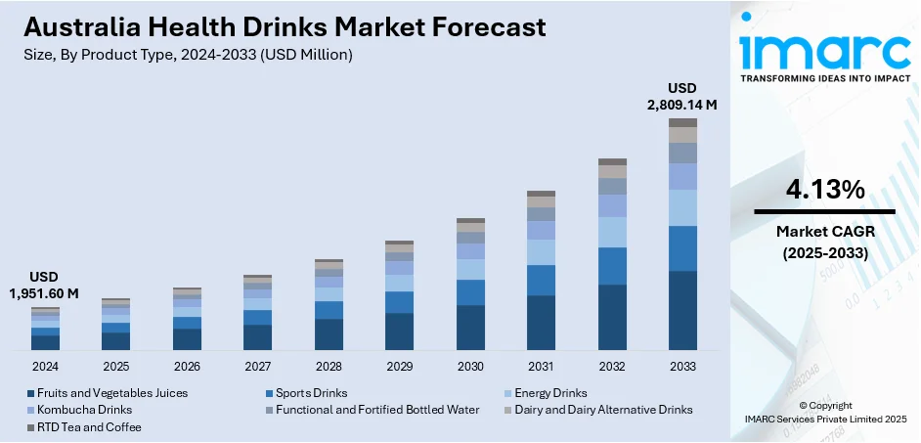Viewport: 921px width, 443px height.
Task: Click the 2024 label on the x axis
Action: [45, 366]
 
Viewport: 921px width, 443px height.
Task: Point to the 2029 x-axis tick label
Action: [399, 366]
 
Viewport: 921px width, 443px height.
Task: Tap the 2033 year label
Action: [682, 366]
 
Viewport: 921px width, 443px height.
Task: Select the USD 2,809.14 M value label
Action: [682, 97]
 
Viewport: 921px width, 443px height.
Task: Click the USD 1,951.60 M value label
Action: [45, 285]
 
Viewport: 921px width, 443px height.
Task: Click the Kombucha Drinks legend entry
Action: [82, 410]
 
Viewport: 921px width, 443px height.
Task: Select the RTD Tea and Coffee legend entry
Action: [87, 427]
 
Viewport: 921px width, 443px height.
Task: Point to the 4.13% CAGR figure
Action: [824, 189]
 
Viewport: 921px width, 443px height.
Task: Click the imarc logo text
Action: [824, 49]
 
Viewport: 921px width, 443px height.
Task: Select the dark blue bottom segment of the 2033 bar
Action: [682, 310]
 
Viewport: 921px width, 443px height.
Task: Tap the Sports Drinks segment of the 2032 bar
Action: [612, 266]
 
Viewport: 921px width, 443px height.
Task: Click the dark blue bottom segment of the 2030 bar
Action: [470, 327]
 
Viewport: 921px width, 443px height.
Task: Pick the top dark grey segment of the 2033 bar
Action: [682, 122]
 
